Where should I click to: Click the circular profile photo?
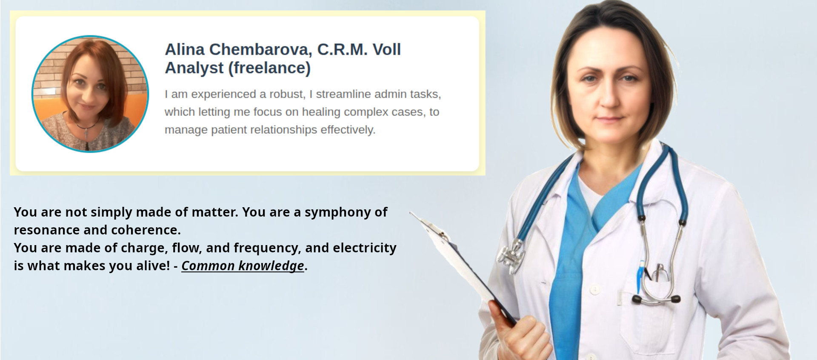click(90, 94)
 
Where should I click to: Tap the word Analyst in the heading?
click(194, 68)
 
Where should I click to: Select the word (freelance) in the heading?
click(270, 68)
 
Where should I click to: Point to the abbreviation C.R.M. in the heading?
click(343, 49)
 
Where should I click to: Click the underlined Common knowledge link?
click(243, 266)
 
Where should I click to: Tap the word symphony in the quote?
click(338, 212)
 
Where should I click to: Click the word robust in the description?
click(287, 94)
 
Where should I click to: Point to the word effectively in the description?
click(348, 130)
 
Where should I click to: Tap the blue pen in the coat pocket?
click(640, 277)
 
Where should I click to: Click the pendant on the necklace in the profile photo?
click(86, 133)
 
